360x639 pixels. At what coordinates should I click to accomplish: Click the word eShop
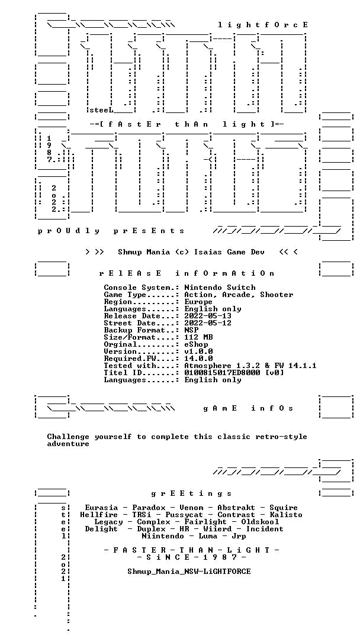(x=196, y=343)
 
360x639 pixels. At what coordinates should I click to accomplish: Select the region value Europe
(x=198, y=302)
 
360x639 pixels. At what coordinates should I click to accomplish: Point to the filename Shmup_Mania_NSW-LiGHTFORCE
(x=189, y=572)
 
